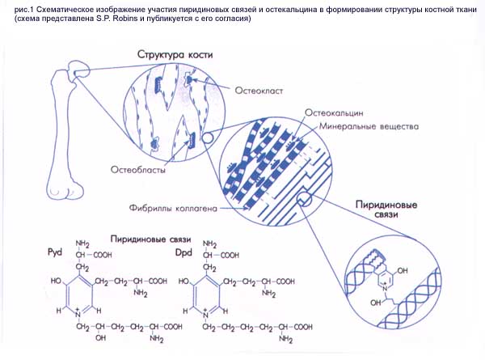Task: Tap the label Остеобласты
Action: click(x=139, y=171)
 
